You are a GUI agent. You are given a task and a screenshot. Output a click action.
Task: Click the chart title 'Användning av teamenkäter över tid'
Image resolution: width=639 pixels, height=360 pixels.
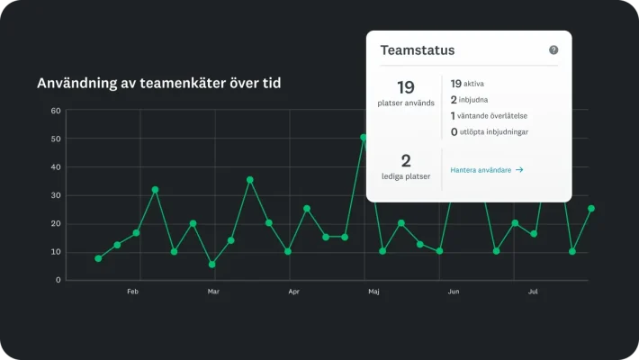[158, 83]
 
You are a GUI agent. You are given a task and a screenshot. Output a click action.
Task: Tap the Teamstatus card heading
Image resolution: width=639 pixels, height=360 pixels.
[417, 51]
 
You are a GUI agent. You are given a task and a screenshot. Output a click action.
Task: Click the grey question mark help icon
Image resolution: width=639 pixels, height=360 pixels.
[553, 50]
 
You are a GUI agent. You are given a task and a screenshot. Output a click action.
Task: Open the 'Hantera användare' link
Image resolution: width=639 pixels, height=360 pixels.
[487, 169]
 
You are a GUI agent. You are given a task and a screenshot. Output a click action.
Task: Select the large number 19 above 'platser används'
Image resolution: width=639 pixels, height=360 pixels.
[405, 87]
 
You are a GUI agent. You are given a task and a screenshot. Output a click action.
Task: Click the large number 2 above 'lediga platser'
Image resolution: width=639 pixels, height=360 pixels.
[405, 161]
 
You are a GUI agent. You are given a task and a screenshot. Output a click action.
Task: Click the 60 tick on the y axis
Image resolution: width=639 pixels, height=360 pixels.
[56, 111]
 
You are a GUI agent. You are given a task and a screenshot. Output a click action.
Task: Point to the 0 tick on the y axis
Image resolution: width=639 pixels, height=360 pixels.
[58, 280]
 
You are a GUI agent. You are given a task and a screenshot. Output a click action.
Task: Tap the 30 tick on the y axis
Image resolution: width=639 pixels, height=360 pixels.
[56, 195]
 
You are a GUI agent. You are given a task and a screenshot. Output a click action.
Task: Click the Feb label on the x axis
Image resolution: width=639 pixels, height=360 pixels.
[132, 292]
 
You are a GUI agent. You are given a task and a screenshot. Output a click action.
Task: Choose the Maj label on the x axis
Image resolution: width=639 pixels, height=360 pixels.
[373, 292]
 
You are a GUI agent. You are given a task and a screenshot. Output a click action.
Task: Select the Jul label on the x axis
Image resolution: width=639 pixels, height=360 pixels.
[533, 292]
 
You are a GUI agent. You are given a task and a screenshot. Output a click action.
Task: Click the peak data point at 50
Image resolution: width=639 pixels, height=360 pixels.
[364, 138]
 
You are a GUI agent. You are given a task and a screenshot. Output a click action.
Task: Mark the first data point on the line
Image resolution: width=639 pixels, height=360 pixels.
[98, 258]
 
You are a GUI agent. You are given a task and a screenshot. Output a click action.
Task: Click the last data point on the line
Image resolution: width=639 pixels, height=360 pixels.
[591, 208]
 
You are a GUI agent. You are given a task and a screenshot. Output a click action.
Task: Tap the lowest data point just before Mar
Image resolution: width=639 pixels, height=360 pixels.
[212, 265]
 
